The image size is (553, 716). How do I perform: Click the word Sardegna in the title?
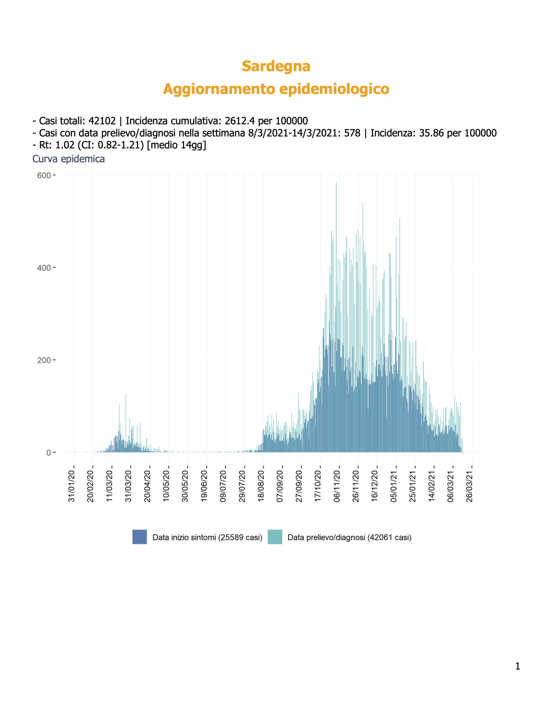coord(276,66)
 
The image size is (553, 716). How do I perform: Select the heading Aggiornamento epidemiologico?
coord(276,89)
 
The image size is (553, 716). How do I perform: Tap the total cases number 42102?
coord(102,121)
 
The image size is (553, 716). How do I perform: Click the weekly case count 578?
coord(352,133)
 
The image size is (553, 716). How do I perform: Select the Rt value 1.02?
coord(65,145)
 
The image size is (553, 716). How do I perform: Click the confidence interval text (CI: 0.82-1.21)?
coord(111,145)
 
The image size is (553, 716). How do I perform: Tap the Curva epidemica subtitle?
coord(68,159)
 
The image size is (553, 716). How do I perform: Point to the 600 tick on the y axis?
coord(44,175)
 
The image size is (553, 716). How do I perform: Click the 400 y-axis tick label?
coord(44,268)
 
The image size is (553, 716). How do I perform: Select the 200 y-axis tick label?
coord(44,360)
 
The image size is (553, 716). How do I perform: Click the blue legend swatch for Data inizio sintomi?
coord(140,537)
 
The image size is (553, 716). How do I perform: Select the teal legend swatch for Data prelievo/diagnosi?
coord(275,537)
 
